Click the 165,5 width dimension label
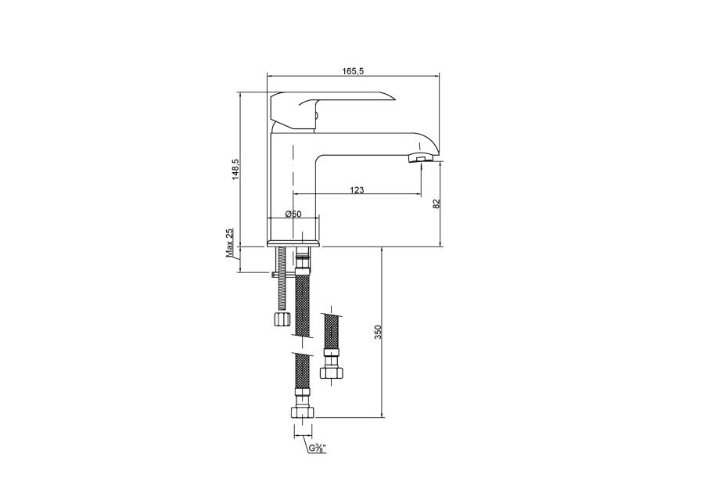[353, 71]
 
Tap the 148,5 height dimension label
[235, 170]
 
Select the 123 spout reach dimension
[357, 190]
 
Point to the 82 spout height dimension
[436, 203]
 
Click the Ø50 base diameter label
[293, 214]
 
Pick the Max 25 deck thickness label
[230, 243]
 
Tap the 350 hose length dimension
[378, 332]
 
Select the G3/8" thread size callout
[318, 448]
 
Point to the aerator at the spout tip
[420, 158]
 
